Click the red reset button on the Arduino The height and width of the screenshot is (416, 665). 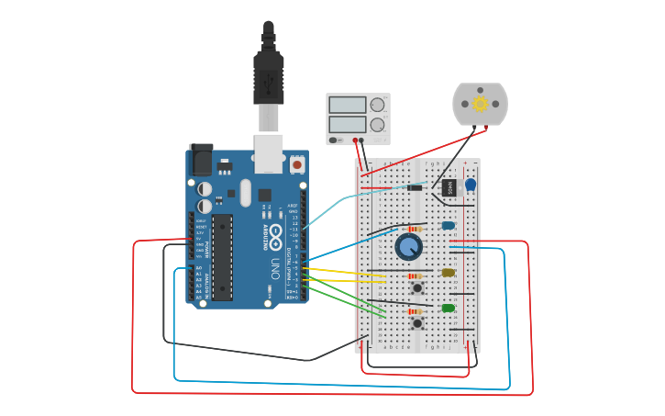pyautogui.click(x=297, y=164)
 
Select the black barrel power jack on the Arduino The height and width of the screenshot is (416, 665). pyautogui.click(x=201, y=161)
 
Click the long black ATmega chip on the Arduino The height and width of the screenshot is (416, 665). pyautogui.click(x=222, y=257)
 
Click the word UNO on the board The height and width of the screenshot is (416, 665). pyautogui.click(x=275, y=268)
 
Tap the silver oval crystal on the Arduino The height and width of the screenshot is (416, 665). pyautogui.click(x=245, y=192)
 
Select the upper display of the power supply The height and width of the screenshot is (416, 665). pyautogui.click(x=348, y=105)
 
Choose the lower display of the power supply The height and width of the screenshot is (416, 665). pyautogui.click(x=348, y=123)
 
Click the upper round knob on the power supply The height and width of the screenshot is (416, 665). pyautogui.click(x=377, y=105)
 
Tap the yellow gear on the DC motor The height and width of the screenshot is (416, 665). pyautogui.click(x=480, y=104)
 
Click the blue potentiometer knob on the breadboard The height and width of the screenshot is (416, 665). pyautogui.click(x=408, y=246)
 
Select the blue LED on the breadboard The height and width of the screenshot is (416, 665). pyautogui.click(x=448, y=225)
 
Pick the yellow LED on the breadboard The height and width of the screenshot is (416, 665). pyautogui.click(x=448, y=272)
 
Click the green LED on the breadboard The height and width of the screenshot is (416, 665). pyautogui.click(x=448, y=308)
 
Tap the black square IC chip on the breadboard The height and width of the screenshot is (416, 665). pyautogui.click(x=449, y=187)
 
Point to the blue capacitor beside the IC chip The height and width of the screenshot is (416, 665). pyautogui.click(x=471, y=185)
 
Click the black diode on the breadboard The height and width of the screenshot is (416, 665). pyautogui.click(x=415, y=188)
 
